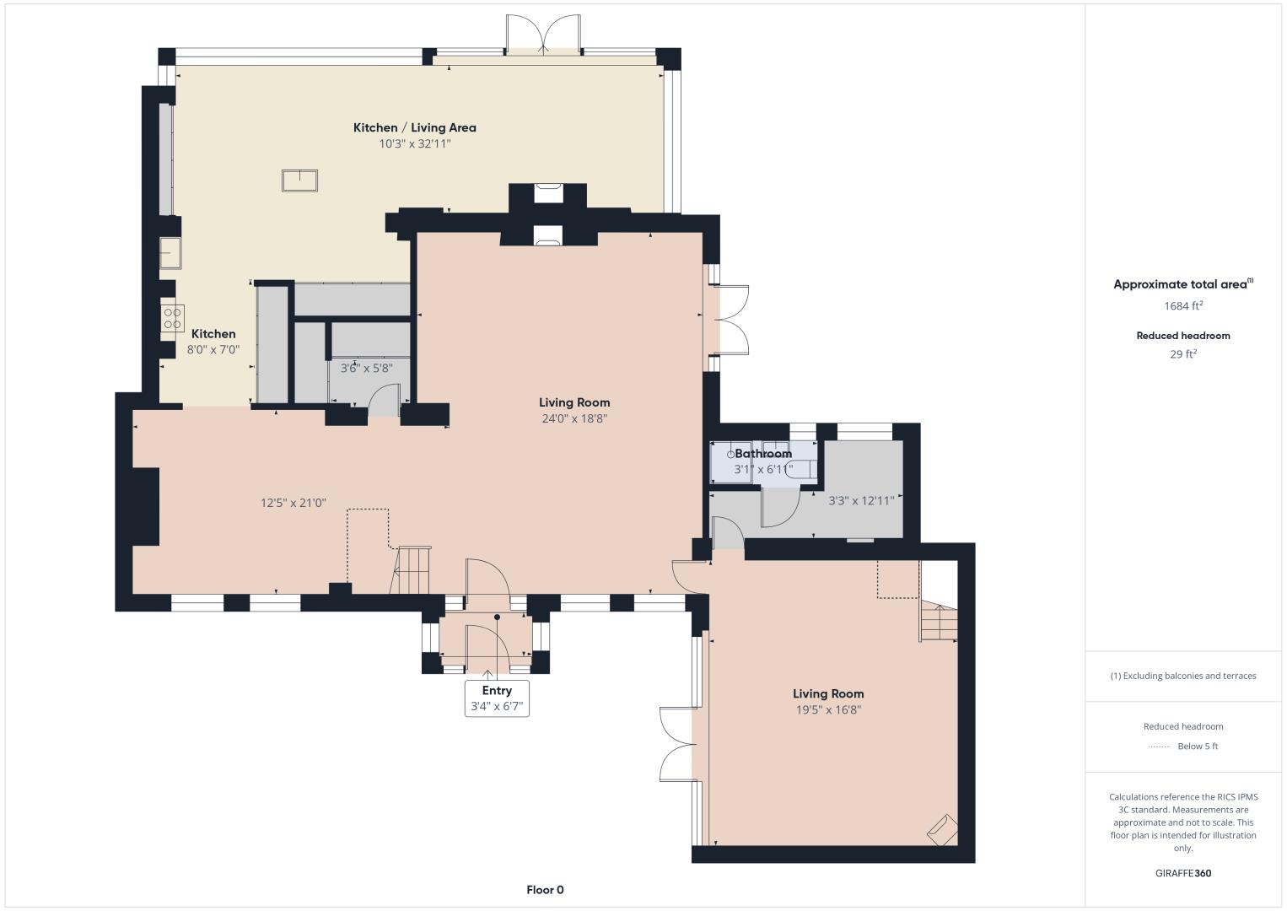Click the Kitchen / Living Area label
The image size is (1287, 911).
414,127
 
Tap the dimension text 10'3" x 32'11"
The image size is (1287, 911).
414,143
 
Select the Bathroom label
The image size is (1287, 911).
763,454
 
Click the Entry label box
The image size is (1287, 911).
497,698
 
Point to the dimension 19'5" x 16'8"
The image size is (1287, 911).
828,710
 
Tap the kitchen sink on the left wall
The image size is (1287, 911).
170,253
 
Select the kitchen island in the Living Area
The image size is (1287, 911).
299,181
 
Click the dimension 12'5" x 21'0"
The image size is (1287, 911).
293,503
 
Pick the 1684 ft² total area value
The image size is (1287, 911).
1183,305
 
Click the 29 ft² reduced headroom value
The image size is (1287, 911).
1183,354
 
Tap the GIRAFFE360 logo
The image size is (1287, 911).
1183,873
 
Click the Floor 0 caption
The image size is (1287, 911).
545,890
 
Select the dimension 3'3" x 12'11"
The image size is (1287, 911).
861,500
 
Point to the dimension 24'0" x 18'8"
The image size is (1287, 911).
574,418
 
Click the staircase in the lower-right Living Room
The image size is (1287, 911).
939,623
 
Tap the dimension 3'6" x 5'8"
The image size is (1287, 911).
367,368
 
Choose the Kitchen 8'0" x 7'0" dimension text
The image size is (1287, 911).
213,349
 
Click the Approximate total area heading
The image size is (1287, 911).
1183,284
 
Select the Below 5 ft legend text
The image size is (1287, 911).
1198,746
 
